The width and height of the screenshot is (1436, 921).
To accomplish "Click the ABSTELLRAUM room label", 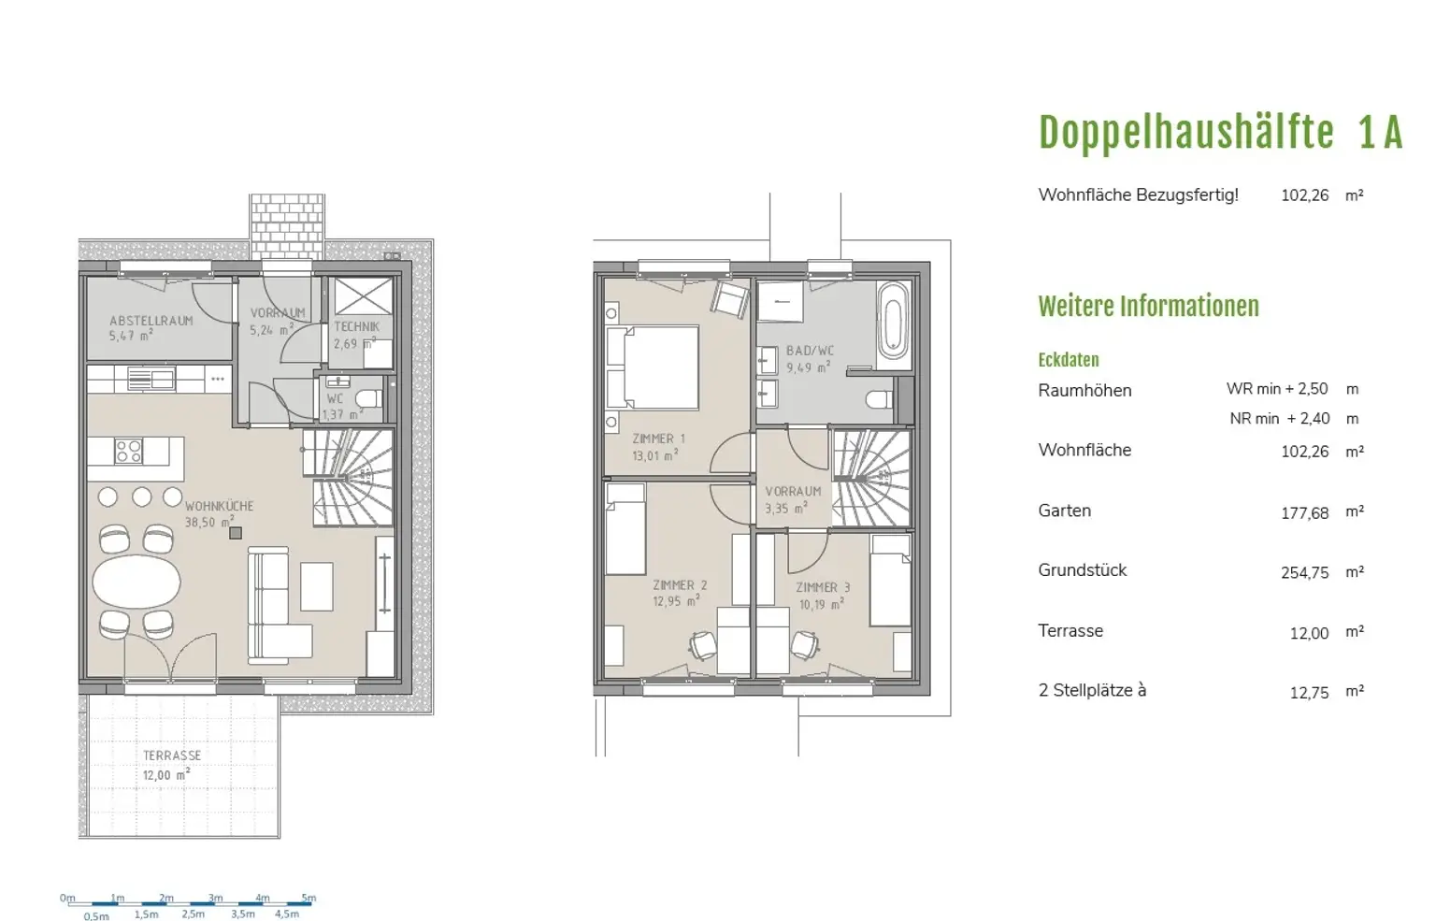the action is point(151,321).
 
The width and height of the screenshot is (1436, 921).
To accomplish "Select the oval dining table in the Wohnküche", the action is point(136,582).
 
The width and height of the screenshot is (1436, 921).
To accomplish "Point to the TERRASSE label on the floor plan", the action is point(172,756).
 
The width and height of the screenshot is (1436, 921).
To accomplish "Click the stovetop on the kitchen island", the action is point(128,451).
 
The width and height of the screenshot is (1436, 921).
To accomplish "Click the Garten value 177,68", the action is point(1304,513).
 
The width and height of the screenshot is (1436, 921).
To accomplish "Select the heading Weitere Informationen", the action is point(1148,307).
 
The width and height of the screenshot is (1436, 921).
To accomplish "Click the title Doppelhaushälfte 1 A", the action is point(1220,133).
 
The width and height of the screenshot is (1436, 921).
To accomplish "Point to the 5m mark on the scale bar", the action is point(309,898).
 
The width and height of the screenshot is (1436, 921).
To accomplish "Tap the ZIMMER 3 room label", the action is point(823,587).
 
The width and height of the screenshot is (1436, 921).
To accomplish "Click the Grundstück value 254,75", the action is point(1304,573).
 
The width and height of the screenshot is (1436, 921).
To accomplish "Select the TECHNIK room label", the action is point(356,326).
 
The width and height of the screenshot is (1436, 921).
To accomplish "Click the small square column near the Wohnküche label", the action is point(236,533).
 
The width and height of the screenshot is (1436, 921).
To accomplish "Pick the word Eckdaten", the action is point(1068,360).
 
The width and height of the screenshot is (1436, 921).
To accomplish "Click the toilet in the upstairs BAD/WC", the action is point(880,400).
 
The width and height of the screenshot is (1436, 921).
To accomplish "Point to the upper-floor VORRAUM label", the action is point(793,491).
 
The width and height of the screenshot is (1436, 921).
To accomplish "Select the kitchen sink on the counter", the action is point(151,379).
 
